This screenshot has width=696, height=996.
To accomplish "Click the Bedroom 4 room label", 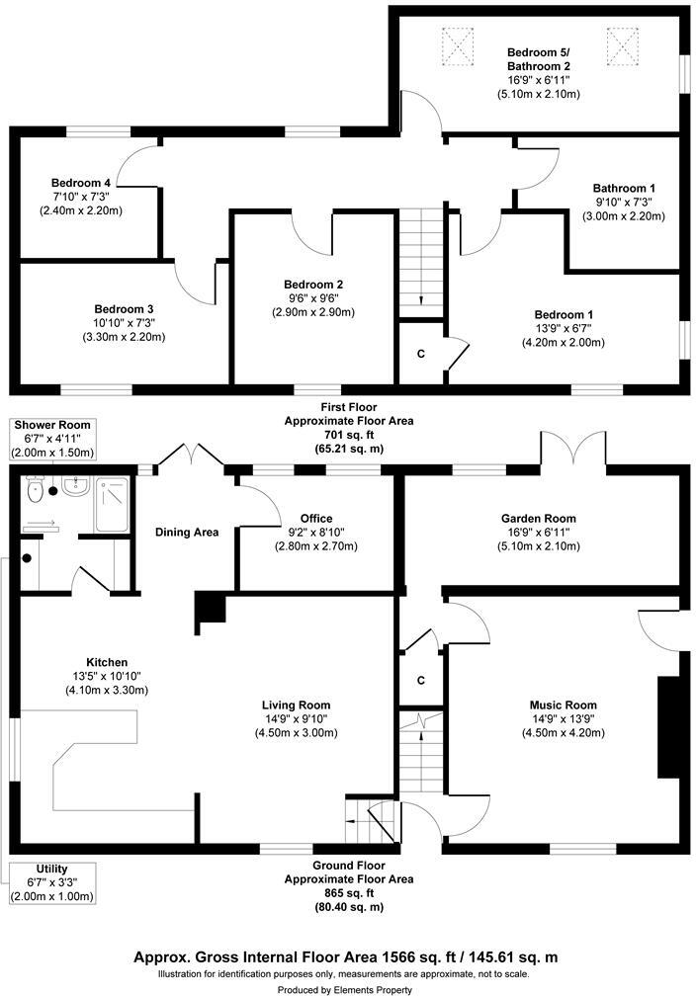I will point(81,183).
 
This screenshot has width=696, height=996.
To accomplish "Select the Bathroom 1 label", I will point(623,188).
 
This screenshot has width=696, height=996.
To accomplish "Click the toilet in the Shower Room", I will point(36,489).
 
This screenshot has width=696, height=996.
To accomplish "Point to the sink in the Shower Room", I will point(72,485).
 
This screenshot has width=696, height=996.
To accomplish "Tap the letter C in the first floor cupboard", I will point(421,353).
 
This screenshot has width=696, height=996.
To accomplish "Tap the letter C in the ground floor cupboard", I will point(421,680).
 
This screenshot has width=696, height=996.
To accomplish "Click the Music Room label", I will point(564,705).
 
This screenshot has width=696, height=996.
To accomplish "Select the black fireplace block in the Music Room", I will point(668,727).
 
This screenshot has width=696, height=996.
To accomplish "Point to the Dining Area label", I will point(187,533).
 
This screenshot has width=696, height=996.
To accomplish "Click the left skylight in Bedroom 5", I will point(459,43).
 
